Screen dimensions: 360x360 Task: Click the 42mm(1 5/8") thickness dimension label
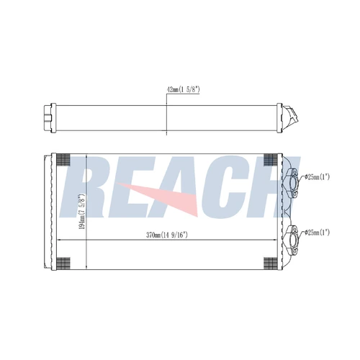click(184, 90)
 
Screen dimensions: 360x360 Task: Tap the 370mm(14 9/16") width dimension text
click(167, 235)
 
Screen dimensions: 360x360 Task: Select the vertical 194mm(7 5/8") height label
click(82, 211)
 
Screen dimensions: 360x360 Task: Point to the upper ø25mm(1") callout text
click(317, 177)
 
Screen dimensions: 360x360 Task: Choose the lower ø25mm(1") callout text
click(317, 233)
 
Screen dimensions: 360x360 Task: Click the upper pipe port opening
click(293, 183)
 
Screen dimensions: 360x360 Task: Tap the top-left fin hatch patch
click(63, 159)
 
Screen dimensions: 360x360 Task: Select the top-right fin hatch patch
click(270, 159)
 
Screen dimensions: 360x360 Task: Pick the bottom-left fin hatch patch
click(63, 264)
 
